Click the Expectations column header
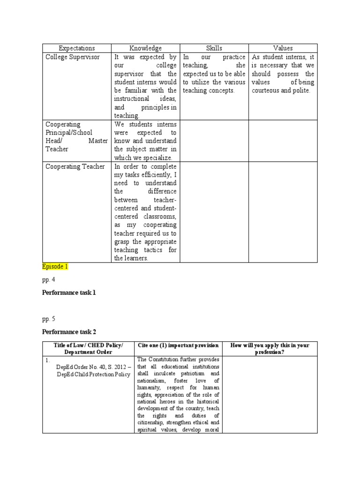coord(77,48)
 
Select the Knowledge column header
coord(145,48)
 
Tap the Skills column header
coord(214,48)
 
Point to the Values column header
coord(283,48)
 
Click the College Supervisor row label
coord(73,57)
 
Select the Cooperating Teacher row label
coord(75,166)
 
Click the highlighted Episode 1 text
coord(55,266)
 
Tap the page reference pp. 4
coord(49,280)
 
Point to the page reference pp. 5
coord(49,319)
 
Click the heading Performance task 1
coord(69,292)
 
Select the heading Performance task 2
coord(69,332)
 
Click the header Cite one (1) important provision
coord(178,345)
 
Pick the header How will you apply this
coord(270,345)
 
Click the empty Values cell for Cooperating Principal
coord(283,141)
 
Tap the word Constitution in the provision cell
coord(164,360)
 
